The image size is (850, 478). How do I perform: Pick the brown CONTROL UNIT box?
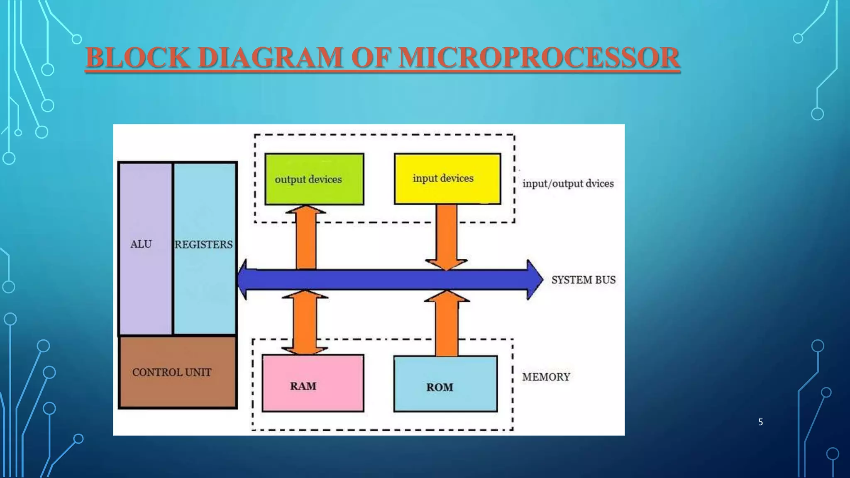point(178,372)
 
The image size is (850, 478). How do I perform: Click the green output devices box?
point(314,179)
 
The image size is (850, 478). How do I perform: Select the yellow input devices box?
point(447,179)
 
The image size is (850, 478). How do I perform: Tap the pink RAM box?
point(313,383)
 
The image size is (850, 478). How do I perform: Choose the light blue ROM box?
point(445,384)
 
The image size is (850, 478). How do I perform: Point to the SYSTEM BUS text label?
point(583,280)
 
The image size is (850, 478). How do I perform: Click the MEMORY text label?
point(546,377)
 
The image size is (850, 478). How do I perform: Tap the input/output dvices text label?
point(568,183)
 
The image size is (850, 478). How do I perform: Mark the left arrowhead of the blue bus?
point(244,279)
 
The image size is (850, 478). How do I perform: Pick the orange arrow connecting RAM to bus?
point(305,323)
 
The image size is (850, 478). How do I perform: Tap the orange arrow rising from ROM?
point(447,324)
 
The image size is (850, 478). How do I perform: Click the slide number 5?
point(760,422)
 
